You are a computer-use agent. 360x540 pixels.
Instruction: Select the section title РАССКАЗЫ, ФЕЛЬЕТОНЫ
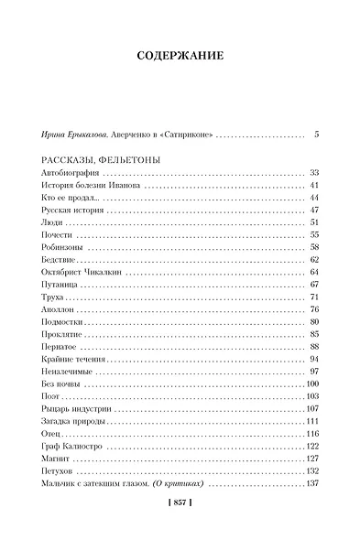point(101,160)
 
